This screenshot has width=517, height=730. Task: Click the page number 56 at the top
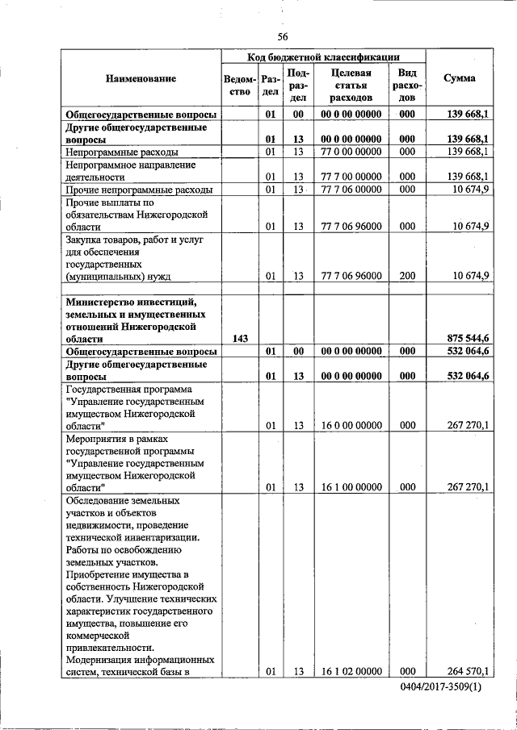[x=283, y=35]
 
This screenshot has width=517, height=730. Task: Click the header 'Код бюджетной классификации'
[x=323, y=56]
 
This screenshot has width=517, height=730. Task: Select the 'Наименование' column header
[x=141, y=78]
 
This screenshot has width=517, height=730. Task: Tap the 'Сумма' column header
[x=460, y=78]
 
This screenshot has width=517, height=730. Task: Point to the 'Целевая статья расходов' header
[x=351, y=84]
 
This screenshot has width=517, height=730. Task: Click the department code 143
[x=240, y=338]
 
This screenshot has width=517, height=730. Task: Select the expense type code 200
[x=407, y=276]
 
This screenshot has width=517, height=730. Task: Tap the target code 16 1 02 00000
[x=351, y=670]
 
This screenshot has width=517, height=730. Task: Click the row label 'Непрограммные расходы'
[x=123, y=152]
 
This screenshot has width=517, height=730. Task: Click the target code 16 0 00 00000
[x=351, y=425]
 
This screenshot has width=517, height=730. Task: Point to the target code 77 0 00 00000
[x=351, y=152]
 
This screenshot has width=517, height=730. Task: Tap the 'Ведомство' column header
[x=240, y=84]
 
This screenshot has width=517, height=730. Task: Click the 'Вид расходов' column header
[x=407, y=84]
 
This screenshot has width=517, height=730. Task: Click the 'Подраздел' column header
[x=298, y=84]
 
